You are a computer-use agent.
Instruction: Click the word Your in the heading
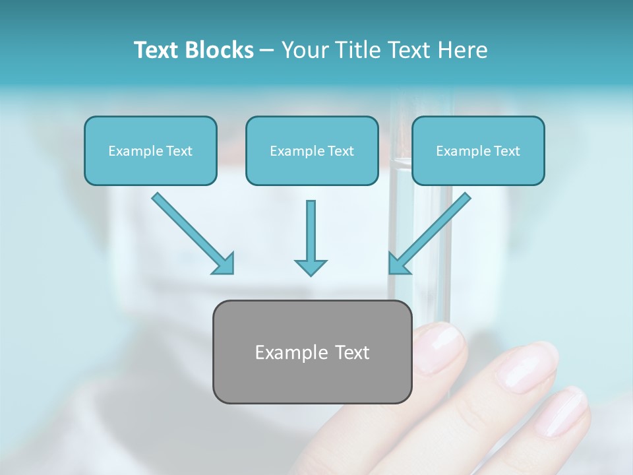[x=304, y=50]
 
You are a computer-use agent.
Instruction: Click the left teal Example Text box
[x=150, y=151]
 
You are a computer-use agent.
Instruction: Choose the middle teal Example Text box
[x=312, y=151]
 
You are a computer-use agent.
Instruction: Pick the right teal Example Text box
[x=478, y=151]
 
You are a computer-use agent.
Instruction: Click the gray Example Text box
[x=312, y=352]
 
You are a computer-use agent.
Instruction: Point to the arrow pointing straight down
[x=311, y=237]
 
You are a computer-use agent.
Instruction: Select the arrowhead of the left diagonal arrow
[x=224, y=263]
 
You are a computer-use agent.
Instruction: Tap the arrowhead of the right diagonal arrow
[x=398, y=263]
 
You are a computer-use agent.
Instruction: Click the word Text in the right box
[x=506, y=151]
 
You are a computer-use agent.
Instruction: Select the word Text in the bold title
[x=158, y=50]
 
